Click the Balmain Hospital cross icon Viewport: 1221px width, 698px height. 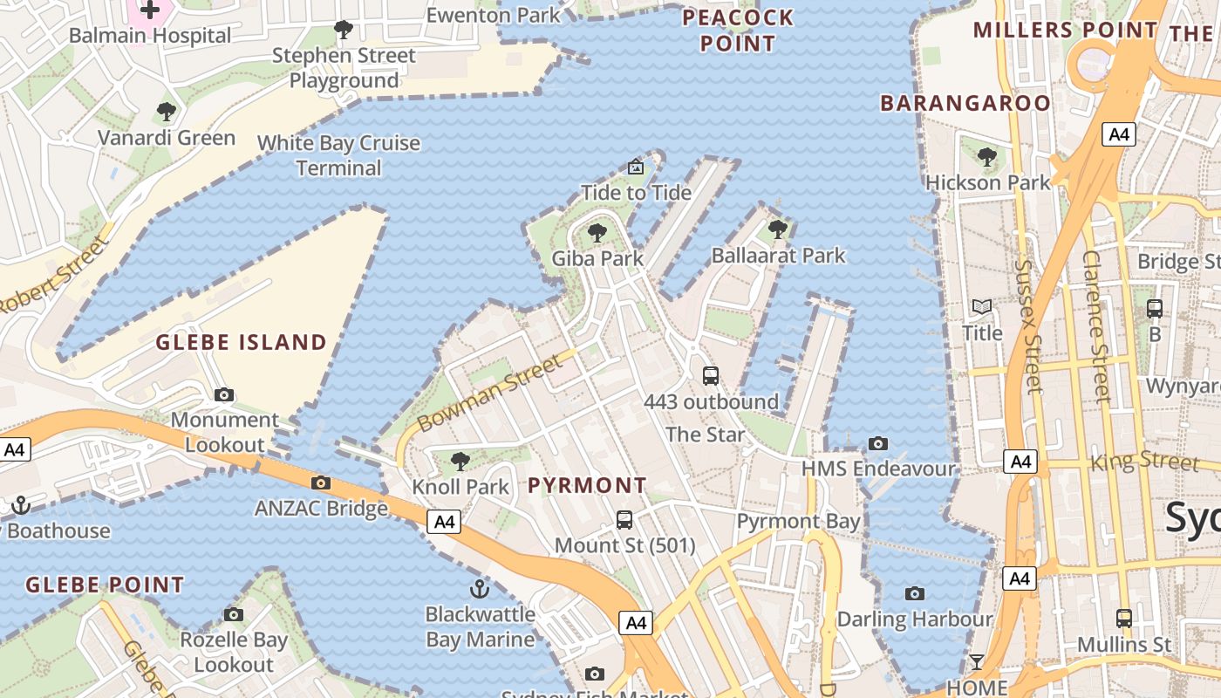151,10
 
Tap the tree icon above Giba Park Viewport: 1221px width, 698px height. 597,233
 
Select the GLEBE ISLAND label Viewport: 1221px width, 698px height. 242,342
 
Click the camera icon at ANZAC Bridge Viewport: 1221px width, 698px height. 321,482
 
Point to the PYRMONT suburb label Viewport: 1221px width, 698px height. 588,485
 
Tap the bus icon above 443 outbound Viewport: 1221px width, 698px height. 711,376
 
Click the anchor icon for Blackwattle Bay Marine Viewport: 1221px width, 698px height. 479,588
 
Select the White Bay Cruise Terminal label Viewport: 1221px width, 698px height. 339,155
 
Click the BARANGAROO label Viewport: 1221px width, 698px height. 965,103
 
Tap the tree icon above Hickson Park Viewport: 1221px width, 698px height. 987,158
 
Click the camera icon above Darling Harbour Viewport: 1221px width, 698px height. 914,594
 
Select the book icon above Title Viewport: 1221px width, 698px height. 982,307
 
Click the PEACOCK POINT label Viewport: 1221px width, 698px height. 738,31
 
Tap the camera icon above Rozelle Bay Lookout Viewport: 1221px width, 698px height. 233,615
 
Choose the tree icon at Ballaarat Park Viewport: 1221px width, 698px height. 778,230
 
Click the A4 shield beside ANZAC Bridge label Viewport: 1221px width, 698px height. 445,522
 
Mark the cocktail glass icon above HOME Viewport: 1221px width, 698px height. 977,663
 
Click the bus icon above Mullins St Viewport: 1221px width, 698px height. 1124,619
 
